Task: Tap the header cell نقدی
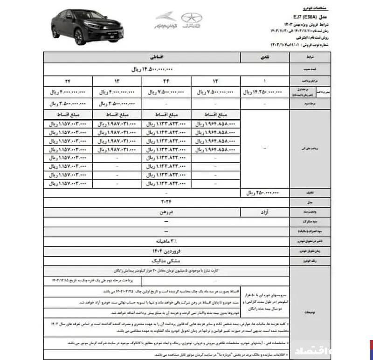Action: coord(265,58)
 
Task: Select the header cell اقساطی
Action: coord(142,58)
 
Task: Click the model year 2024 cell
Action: coord(166,202)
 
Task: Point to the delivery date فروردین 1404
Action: coord(166,252)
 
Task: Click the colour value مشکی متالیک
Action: coord(166,262)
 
